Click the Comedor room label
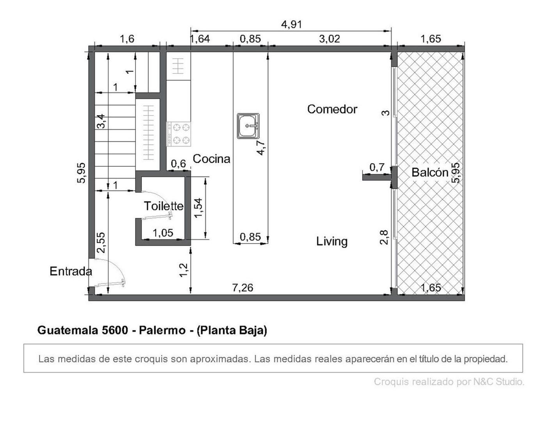click(332, 109)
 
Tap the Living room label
click(332, 241)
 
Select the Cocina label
click(211, 159)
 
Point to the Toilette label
click(163, 206)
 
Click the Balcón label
click(429, 172)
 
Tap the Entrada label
click(71, 271)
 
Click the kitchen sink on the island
click(248, 126)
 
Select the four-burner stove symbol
click(179, 134)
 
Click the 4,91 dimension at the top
click(291, 24)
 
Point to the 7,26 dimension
click(242, 288)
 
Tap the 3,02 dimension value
click(329, 39)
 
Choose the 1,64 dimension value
click(200, 39)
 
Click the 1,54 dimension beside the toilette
click(198, 208)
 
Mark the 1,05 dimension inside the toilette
click(163, 233)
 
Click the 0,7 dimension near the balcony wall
click(376, 167)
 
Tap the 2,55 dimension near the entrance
click(101, 242)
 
